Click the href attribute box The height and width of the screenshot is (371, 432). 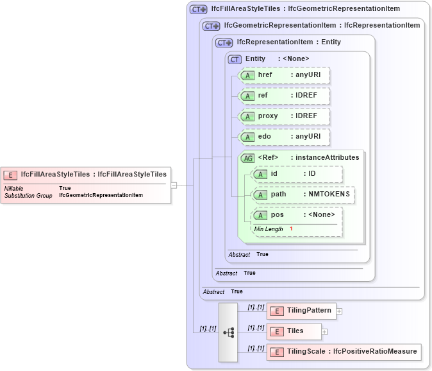pos(283,75)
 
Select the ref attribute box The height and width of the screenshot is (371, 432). pos(283,96)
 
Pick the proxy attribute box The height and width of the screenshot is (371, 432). pos(283,116)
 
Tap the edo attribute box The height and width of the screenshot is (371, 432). pos(283,137)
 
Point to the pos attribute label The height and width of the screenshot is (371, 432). pos(277,215)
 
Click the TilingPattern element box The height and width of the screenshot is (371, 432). pos(301,311)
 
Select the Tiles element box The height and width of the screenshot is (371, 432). pos(294,331)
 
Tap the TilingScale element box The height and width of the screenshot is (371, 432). pos(344,352)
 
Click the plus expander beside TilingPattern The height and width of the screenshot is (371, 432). pos(340,311)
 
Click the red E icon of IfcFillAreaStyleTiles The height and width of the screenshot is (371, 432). pos(10,174)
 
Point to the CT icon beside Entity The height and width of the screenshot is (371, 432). pos(235,59)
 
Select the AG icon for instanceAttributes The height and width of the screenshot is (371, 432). pos(247,158)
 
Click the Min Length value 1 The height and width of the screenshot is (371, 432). pos(291,229)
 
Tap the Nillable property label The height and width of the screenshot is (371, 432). pos(14,188)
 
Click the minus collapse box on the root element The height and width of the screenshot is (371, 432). pos(173,185)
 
